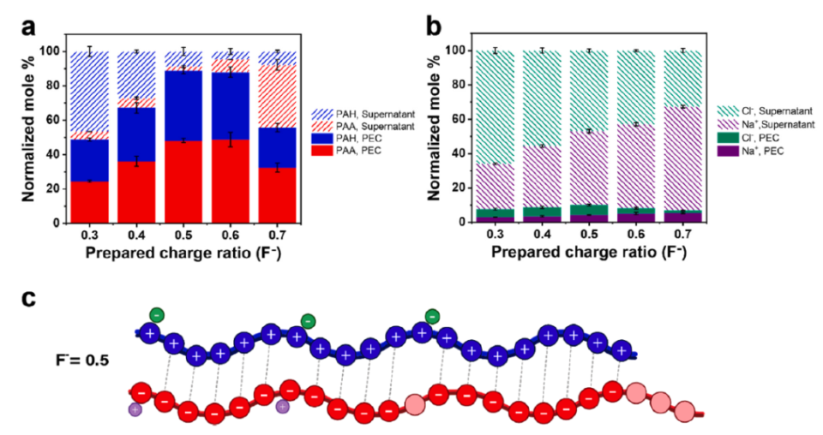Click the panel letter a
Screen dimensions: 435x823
(x=28, y=27)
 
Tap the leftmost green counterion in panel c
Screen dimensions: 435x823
(x=155, y=315)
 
